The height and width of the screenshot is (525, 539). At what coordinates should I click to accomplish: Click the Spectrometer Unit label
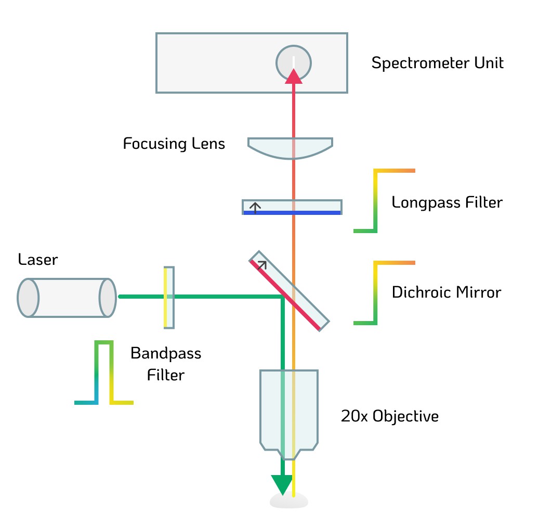(x=437, y=63)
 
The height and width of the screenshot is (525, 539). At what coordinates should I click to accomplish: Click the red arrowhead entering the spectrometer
(x=294, y=76)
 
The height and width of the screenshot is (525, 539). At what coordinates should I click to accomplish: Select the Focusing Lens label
(x=174, y=144)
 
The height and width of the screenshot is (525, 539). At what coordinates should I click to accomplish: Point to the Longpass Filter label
(x=447, y=202)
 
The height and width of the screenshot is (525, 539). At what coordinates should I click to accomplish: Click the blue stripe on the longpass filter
(x=292, y=213)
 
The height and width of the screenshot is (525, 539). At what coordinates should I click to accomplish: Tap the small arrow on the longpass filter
(x=255, y=208)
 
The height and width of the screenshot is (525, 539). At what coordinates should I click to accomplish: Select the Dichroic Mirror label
(x=446, y=292)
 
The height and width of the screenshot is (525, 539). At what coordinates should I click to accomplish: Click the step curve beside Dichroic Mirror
(x=375, y=293)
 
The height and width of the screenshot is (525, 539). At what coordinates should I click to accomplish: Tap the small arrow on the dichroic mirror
(x=262, y=265)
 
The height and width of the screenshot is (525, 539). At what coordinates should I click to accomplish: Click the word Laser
(x=38, y=260)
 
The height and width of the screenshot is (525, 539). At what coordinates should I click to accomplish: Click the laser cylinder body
(x=67, y=298)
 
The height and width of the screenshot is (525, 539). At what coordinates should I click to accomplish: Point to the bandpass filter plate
(x=169, y=298)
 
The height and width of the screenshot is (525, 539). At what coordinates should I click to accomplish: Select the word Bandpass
(x=166, y=353)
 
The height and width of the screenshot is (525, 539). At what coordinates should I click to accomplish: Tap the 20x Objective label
(x=390, y=417)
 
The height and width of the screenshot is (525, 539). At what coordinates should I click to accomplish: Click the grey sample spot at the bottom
(x=289, y=501)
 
